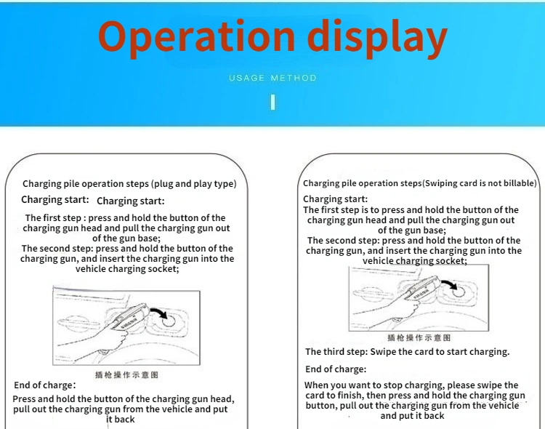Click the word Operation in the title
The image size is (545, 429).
pyautogui.click(x=197, y=38)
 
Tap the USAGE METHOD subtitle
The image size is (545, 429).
pyautogui.click(x=272, y=78)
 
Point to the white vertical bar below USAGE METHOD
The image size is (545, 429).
pyautogui.click(x=272, y=101)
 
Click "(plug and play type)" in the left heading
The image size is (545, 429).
pyautogui.click(x=193, y=184)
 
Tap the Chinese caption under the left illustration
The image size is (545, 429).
pyautogui.click(x=126, y=375)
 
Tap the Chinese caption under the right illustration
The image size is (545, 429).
pyautogui.click(x=419, y=338)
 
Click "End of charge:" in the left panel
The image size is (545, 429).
pyautogui.click(x=44, y=385)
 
